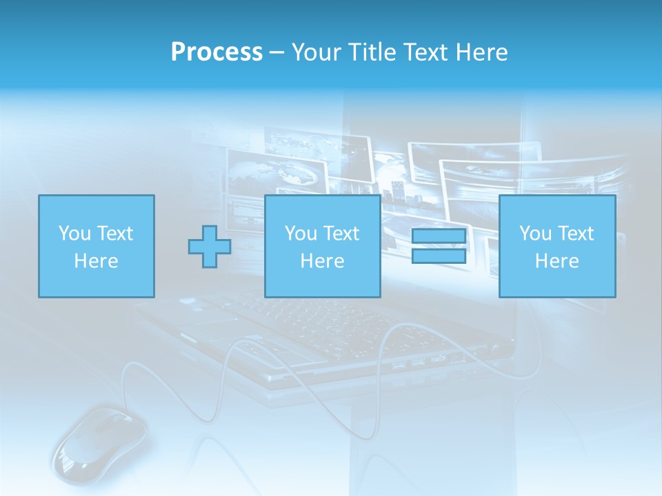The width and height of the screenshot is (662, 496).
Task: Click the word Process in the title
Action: click(x=217, y=52)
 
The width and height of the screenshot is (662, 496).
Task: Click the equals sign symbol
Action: click(x=439, y=246)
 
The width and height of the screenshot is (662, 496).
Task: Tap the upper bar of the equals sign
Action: click(x=439, y=237)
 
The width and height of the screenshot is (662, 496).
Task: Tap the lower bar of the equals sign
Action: click(x=439, y=256)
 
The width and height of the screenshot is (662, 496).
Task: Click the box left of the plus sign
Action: click(x=96, y=246)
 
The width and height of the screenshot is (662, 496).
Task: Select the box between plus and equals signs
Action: click(x=322, y=246)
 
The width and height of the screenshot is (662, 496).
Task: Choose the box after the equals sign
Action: click(x=556, y=246)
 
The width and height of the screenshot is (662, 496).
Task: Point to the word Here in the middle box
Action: click(x=322, y=261)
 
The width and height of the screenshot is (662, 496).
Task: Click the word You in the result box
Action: click(x=535, y=234)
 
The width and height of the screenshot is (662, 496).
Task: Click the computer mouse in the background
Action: click(x=100, y=441)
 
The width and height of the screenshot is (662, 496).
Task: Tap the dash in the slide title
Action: click(x=277, y=52)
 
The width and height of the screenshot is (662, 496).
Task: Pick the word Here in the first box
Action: click(x=96, y=261)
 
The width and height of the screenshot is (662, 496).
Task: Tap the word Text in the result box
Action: click(x=576, y=234)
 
